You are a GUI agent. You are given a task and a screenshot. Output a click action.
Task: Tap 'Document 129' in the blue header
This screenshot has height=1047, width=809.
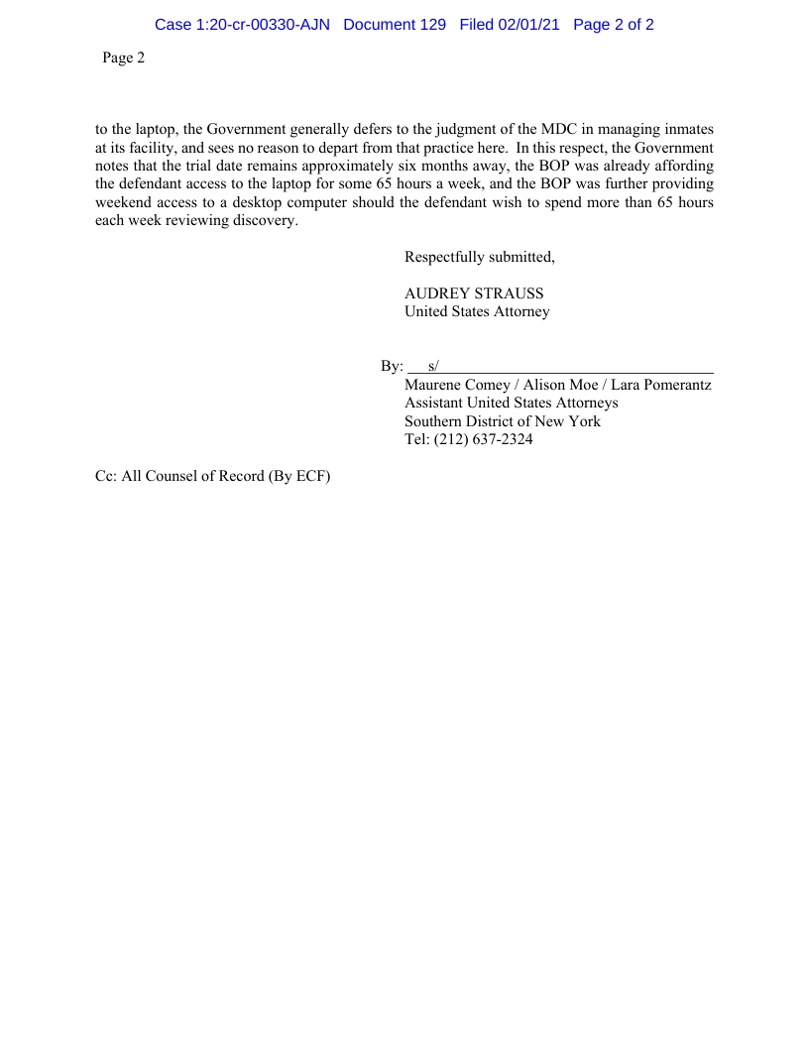395,25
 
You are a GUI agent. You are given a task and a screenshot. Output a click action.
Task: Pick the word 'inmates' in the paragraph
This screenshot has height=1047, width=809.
688,130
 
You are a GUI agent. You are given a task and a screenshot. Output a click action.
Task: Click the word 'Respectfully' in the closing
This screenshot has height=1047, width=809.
444,258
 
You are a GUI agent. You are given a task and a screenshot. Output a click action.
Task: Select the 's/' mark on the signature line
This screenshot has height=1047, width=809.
433,366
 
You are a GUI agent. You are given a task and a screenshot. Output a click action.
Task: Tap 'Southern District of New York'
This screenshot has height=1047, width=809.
503,421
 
